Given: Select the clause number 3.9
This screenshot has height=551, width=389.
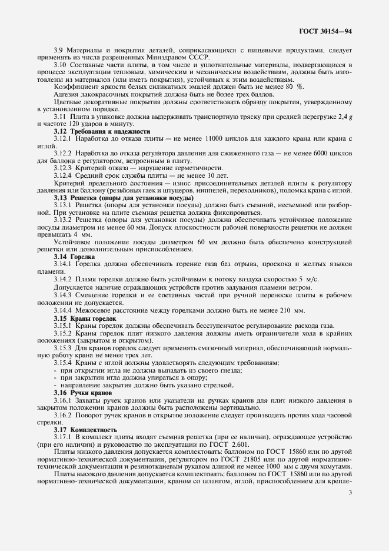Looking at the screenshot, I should tap(59, 50).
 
